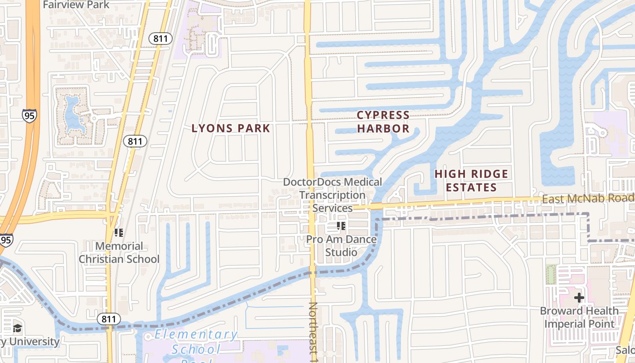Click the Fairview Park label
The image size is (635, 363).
point(76,5)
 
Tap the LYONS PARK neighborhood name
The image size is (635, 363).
point(231,128)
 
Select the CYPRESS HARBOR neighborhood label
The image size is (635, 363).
point(383,122)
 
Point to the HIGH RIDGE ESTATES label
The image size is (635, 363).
point(471,181)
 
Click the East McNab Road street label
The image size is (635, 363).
point(588,198)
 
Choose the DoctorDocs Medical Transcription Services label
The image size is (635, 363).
point(332,195)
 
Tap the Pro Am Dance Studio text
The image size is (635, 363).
point(342,245)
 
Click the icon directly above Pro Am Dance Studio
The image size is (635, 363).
point(341,226)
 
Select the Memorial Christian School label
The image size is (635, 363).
point(119,253)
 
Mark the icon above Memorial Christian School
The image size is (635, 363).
point(119,233)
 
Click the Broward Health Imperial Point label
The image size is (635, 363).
point(579,317)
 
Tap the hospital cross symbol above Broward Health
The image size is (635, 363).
point(579,298)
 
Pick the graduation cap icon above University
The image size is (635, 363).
point(18,328)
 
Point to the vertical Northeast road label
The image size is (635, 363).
point(313,331)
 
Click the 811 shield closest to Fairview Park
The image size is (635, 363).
point(161,39)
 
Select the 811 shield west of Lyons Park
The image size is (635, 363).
point(135,141)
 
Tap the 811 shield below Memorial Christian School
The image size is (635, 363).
point(109,319)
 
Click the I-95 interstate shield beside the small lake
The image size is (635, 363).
point(29,115)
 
